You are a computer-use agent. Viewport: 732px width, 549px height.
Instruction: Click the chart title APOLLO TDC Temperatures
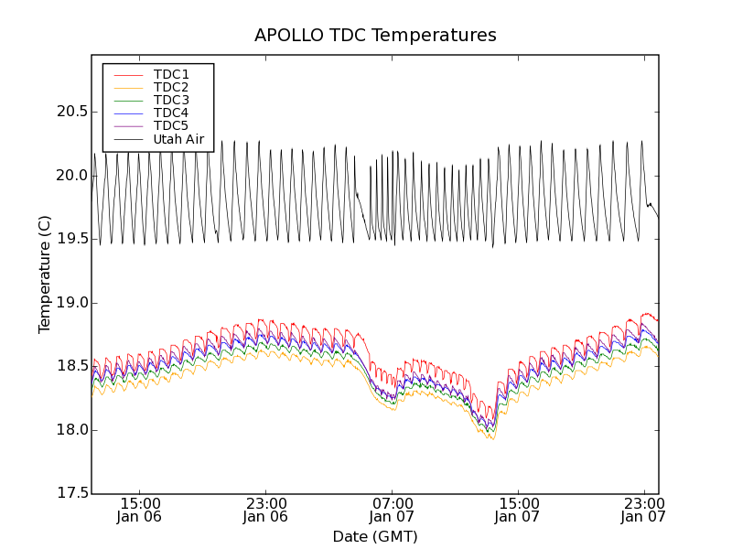click(x=375, y=36)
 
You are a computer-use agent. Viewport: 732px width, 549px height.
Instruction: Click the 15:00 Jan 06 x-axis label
click(x=140, y=510)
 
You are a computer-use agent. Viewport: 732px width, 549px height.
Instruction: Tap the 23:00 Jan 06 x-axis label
click(x=265, y=510)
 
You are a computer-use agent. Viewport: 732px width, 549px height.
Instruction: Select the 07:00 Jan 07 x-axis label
click(x=392, y=510)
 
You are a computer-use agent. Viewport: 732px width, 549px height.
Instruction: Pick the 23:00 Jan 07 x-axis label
click(x=643, y=510)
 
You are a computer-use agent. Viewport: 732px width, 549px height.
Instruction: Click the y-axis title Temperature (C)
click(x=45, y=274)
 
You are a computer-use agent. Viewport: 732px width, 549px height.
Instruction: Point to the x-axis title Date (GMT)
click(x=375, y=536)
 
